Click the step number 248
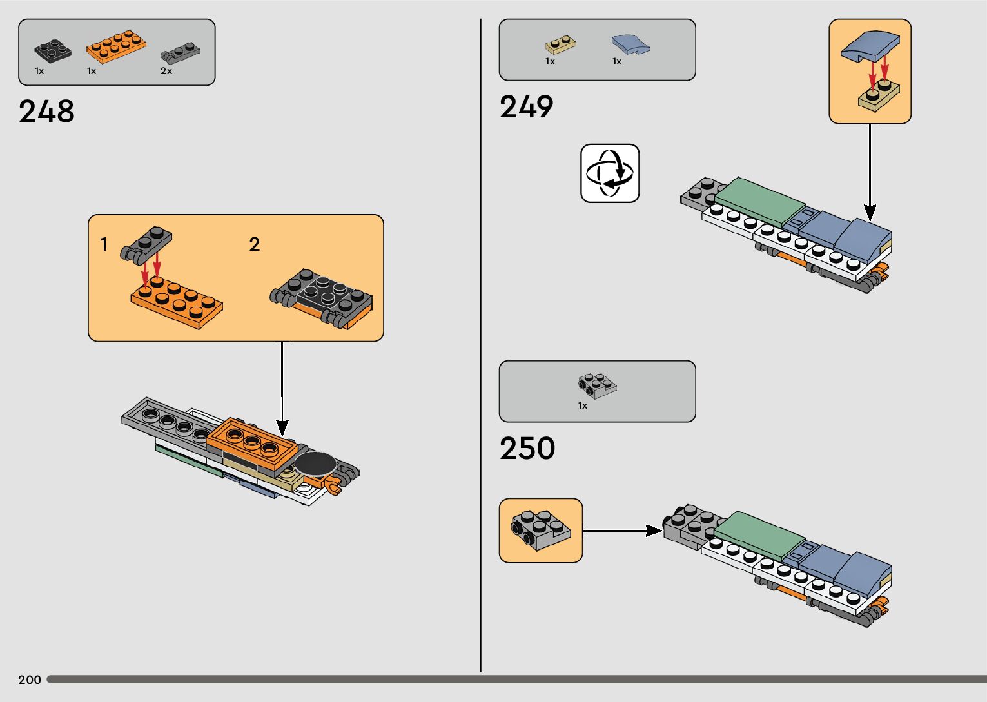[46, 112]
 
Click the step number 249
[526, 107]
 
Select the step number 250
[527, 449]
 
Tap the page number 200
[30, 679]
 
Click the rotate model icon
[610, 173]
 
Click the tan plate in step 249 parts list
[560, 44]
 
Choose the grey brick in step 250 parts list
[597, 385]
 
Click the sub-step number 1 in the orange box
[104, 244]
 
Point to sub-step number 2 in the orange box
[255, 244]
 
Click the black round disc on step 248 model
[316, 463]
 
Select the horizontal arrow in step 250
[622, 531]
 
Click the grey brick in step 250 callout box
[540, 530]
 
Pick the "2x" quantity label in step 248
[166, 71]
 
